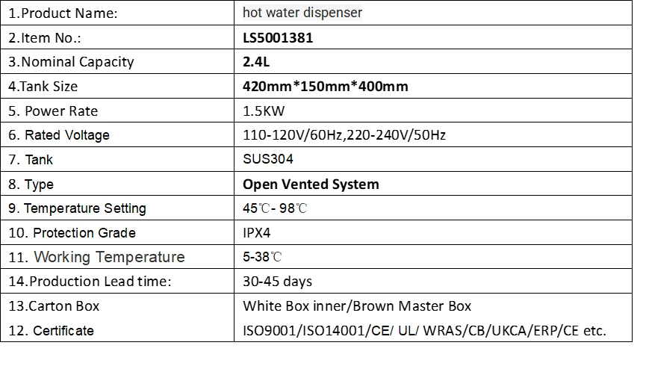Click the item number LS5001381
(x=278, y=38)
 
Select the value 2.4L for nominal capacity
(x=256, y=62)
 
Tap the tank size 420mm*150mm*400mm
(x=326, y=86)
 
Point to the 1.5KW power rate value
(x=264, y=111)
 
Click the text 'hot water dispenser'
(x=302, y=13)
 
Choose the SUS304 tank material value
(x=268, y=159)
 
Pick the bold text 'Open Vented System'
(x=311, y=184)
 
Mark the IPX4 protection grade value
(x=257, y=233)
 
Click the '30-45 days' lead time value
(x=277, y=282)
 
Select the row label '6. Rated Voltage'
(x=59, y=135)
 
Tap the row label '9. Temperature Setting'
(x=77, y=208)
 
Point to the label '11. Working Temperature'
(x=96, y=257)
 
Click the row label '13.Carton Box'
(x=54, y=306)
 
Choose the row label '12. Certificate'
(x=51, y=331)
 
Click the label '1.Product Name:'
(x=63, y=13)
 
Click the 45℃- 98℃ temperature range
(x=275, y=208)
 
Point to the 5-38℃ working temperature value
(x=262, y=257)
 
